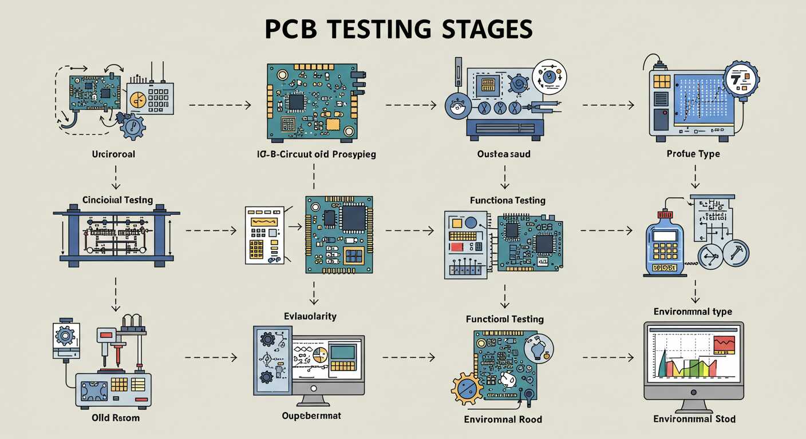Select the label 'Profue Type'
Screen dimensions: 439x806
coord(693,154)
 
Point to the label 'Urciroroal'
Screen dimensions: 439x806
coord(113,154)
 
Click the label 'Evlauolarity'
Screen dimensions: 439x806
coord(310,316)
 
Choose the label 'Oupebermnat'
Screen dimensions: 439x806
coord(311,416)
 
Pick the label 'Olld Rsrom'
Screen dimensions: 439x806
coord(116,418)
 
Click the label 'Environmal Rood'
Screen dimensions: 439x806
coord(503,419)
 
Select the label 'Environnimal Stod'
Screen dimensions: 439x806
coord(694,419)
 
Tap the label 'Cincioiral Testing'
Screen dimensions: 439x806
coord(117,200)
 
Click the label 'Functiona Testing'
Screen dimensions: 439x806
coord(507,201)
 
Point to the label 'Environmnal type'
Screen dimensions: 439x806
coord(693,312)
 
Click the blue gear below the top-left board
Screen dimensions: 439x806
coord(133,126)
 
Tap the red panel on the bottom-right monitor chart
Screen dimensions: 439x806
coord(724,344)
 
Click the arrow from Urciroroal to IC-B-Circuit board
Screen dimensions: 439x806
coord(219,105)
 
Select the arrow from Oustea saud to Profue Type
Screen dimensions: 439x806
coord(608,105)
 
